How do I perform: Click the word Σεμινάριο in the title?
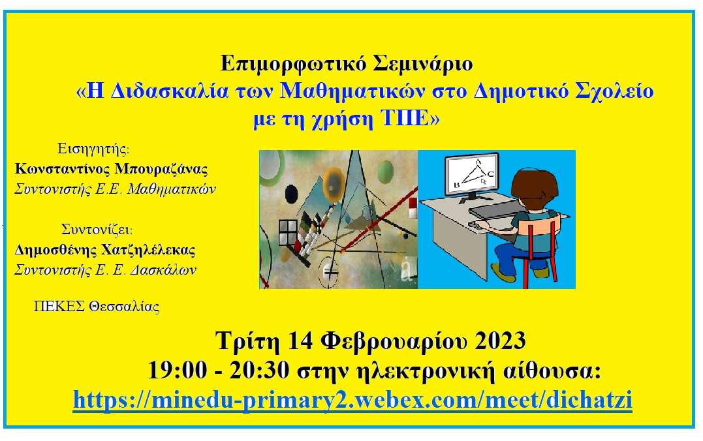tap(423, 63)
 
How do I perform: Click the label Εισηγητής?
tap(93, 149)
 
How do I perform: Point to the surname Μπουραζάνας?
tap(161, 169)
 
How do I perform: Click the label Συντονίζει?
tap(97, 229)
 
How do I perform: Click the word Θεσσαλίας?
tap(124, 307)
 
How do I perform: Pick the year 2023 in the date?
tap(500, 341)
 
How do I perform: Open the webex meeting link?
tap(352, 399)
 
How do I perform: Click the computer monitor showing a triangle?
tap(472, 175)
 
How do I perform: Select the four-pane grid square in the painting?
tap(288, 233)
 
